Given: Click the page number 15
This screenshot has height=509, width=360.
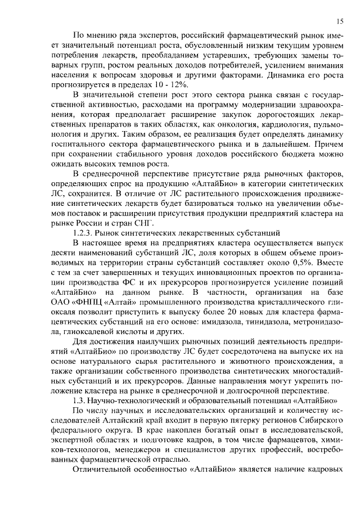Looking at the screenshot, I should tap(340, 21).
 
